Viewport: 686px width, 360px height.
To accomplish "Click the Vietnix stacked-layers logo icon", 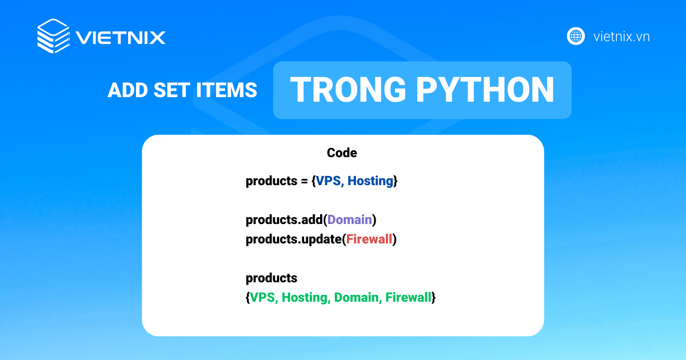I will click(53, 37).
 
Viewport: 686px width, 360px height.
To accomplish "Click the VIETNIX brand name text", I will click(121, 38).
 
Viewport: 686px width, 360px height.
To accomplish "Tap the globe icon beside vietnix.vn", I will click(576, 36).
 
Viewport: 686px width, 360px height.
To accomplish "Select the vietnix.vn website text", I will click(621, 37).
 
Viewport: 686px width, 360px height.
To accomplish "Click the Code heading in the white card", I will click(342, 153).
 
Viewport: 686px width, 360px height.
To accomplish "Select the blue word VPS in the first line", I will click(328, 181).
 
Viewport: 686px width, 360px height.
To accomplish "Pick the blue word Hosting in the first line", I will click(370, 181).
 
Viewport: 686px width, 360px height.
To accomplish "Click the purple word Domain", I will click(350, 219).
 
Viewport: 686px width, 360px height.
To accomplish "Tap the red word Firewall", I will click(369, 239).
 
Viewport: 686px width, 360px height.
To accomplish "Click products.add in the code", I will click(284, 219).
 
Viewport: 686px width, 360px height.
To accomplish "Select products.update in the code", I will click(293, 239).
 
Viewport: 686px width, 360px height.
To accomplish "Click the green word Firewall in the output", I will click(408, 297).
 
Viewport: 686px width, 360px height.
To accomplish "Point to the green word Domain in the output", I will click(357, 297).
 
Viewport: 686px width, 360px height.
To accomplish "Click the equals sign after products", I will click(304, 182).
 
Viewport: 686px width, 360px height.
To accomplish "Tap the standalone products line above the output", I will click(272, 278).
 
